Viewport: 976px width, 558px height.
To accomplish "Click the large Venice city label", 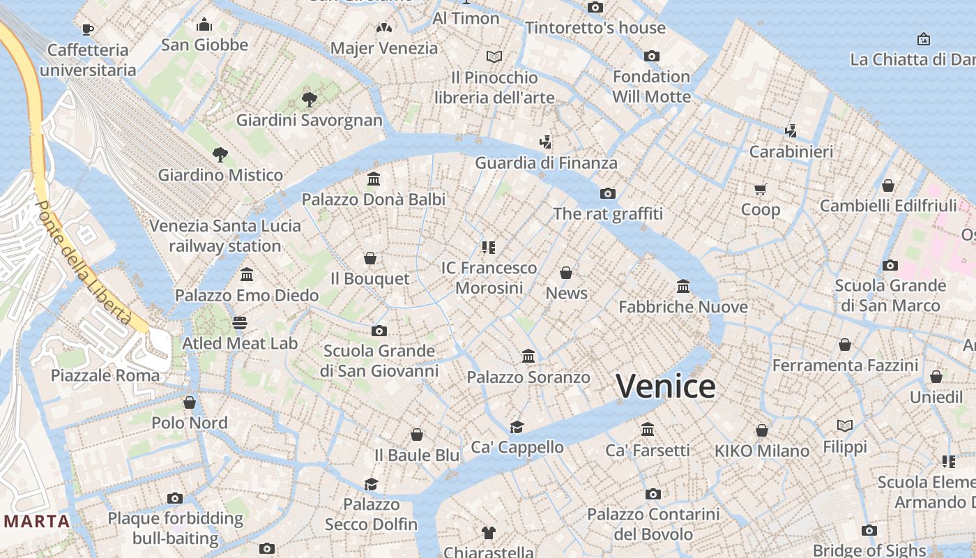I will pos(666,386).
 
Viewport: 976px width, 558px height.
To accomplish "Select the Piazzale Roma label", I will pos(105,375).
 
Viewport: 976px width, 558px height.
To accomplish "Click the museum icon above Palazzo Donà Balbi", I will pos(374,179).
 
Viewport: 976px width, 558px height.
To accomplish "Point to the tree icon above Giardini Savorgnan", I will pos(310,100).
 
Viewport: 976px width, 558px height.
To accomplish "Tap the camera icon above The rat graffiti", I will pos(608,193).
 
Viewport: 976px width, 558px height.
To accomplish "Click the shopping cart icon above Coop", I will pos(761,189).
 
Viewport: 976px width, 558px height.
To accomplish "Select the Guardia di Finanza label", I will pos(546,163).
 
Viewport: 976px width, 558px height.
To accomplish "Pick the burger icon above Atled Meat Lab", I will pos(240,323).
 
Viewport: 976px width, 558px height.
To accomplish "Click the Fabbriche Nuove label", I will pos(683,307).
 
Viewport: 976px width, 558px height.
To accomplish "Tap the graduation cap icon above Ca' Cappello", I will pos(517,427).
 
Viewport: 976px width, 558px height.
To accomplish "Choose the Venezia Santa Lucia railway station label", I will pos(225,236).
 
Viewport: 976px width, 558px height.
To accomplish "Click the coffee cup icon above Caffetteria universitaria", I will pos(88,29).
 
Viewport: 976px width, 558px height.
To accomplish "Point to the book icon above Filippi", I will pos(845,425).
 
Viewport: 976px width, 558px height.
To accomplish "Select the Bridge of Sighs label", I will pos(869,550).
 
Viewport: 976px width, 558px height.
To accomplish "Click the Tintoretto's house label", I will pos(595,28).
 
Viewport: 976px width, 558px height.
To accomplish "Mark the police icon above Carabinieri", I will pos(791,130).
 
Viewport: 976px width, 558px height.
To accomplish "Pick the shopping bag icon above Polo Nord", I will pos(190,402).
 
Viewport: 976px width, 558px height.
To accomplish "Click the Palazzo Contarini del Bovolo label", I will pos(653,525).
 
